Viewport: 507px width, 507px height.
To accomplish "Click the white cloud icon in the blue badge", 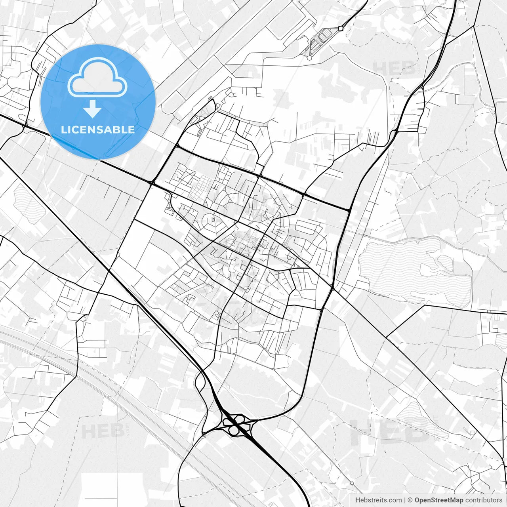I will click(x=97, y=77).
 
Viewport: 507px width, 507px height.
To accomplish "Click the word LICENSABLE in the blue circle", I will click(x=98, y=130).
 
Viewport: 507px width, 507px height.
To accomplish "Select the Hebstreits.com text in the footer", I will click(x=378, y=500).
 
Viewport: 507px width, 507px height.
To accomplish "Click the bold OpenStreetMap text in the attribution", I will click(x=439, y=500).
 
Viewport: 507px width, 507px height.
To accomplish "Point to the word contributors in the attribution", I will click(x=484, y=500).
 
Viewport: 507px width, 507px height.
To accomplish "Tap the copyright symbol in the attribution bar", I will click(x=410, y=500).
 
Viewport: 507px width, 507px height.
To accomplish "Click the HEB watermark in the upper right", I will click(x=394, y=68).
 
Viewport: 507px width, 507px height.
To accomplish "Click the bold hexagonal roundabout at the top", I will click(x=341, y=28).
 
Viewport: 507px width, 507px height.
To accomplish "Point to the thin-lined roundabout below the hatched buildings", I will click(x=309, y=58).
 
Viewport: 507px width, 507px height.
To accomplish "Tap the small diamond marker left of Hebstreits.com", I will click(x=352, y=483).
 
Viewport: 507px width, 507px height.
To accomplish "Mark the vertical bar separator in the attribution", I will click(x=404, y=500).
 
